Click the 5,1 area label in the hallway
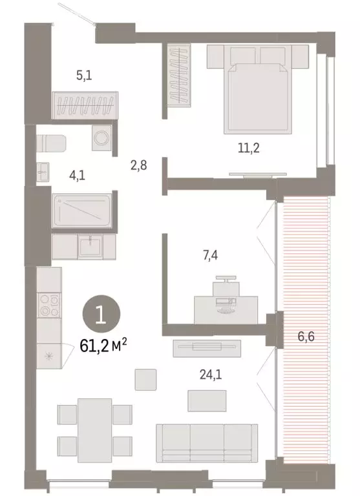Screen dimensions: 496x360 (x=84, y=76)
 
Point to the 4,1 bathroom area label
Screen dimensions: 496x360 (x=79, y=172)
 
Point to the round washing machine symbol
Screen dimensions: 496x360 (x=101, y=138)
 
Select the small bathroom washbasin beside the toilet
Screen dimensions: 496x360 (x=44, y=172)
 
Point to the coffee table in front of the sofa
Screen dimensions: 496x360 (x=207, y=400)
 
